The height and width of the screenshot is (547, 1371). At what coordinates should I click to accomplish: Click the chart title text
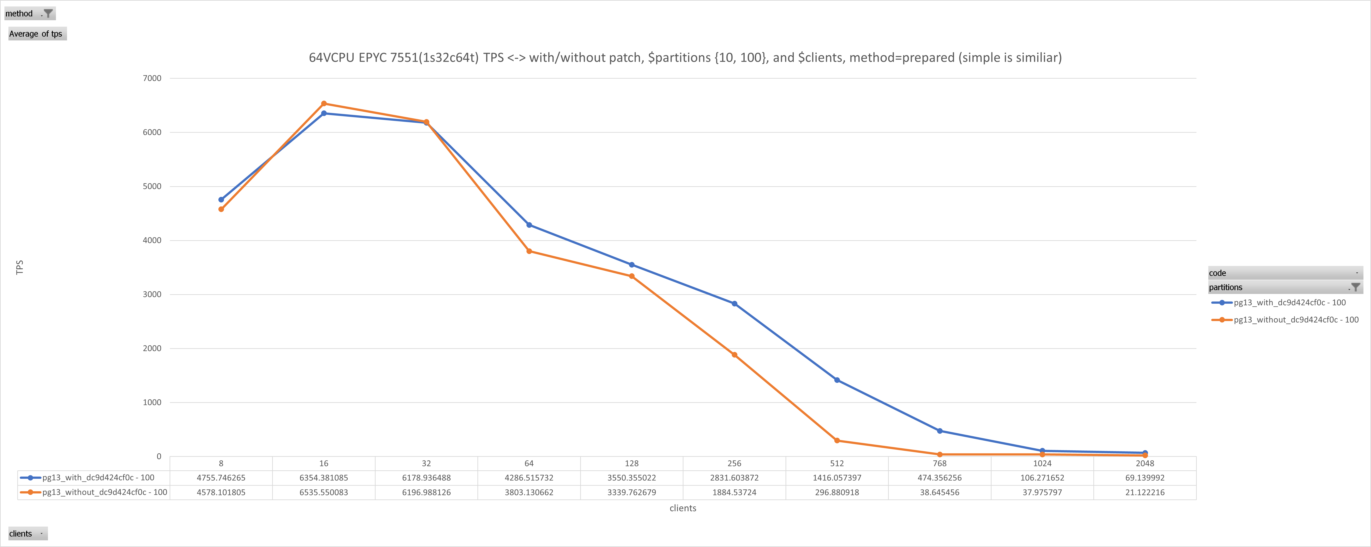point(685,58)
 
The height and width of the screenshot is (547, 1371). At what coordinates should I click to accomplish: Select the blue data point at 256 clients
point(734,303)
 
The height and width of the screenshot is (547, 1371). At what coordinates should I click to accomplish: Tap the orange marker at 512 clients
point(837,441)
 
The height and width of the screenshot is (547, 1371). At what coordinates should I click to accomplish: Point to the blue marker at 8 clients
point(222,200)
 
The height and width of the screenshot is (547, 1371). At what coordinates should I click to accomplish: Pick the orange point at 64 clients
point(529,252)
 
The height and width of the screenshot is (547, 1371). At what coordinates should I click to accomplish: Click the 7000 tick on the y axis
point(152,78)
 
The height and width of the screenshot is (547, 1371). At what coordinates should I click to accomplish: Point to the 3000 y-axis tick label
point(152,295)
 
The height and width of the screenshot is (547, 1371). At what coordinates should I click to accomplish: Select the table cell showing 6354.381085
point(324,478)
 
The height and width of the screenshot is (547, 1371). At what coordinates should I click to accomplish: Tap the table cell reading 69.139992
point(1145,478)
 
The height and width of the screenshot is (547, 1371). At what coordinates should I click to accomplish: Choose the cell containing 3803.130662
point(529,492)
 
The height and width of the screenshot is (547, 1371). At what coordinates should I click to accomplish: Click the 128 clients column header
point(632,463)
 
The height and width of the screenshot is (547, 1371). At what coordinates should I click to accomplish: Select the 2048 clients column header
point(1145,463)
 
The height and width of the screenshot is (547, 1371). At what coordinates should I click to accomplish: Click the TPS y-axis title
point(20,267)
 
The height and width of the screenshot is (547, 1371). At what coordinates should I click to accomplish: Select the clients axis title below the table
point(683,508)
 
